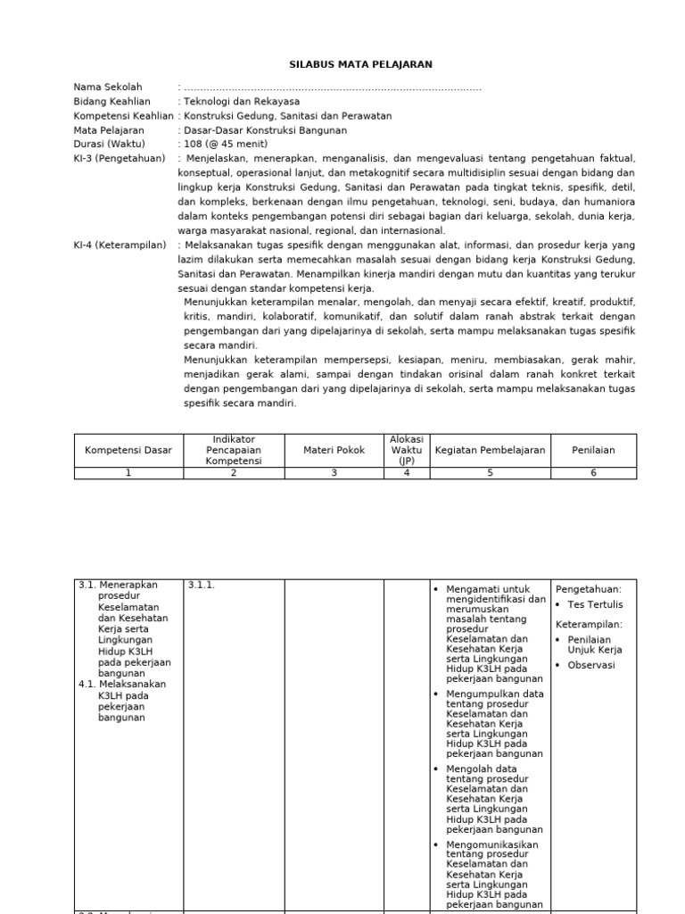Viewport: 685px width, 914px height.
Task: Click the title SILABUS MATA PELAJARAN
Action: coord(360,64)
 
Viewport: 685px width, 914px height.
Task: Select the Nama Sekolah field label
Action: coord(107,87)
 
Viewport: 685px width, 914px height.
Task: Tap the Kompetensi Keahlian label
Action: coord(123,116)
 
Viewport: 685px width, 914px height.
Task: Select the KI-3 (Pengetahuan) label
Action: coord(120,158)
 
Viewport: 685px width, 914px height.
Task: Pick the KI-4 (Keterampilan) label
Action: coord(120,245)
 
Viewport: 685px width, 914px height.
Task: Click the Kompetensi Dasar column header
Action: coord(128,451)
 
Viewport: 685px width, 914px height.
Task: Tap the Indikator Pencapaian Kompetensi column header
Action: coord(234,450)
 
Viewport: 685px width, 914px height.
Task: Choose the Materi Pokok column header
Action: coord(334,451)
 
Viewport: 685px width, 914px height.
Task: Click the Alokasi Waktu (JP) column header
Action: coord(407,450)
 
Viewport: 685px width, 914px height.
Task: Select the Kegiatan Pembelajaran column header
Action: coord(490,451)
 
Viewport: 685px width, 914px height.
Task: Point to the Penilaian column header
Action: coord(594,451)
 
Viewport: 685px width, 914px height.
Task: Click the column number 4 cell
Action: coord(407,473)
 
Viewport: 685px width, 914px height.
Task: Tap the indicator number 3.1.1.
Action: coord(202,586)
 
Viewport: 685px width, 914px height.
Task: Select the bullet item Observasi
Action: coord(591,665)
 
